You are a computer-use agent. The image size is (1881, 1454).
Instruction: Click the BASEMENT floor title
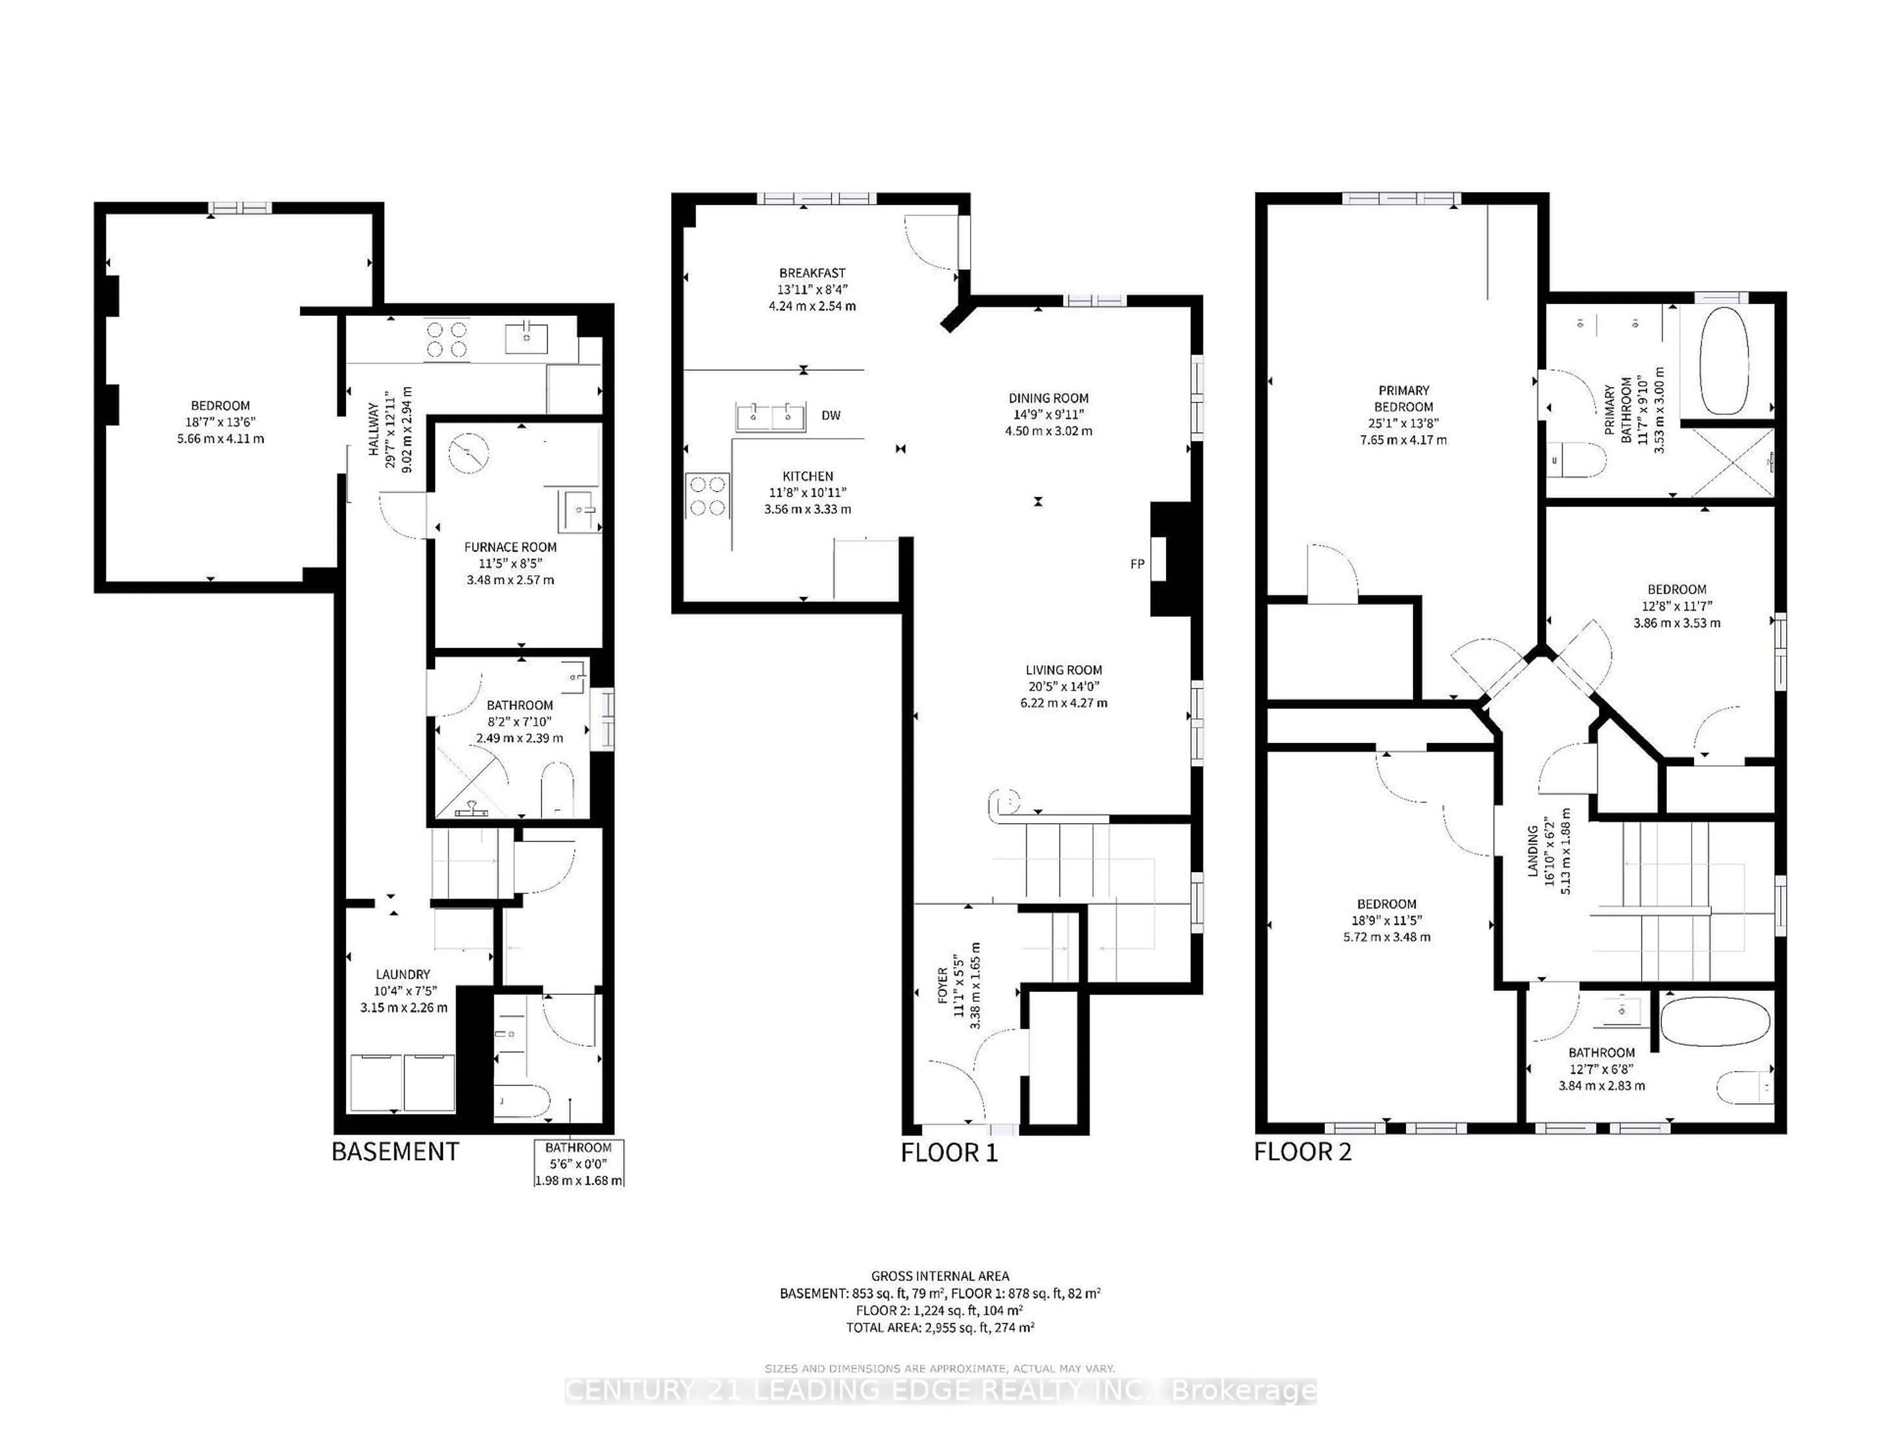pos(395,1152)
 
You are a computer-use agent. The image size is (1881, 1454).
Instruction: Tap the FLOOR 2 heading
pos(1302,1152)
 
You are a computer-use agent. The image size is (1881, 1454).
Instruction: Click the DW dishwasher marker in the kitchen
pos(830,415)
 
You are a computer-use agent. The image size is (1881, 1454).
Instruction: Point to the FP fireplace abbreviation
pos(1137,564)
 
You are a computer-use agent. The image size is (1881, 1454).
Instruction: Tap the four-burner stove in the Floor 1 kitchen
pos(707,496)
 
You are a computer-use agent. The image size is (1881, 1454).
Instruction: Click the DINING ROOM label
pos(1048,398)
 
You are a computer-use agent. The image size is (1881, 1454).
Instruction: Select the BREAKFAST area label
pos(812,273)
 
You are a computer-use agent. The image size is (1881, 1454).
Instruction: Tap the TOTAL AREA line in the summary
pos(940,1328)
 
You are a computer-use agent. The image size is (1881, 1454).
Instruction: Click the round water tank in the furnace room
pos(468,453)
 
